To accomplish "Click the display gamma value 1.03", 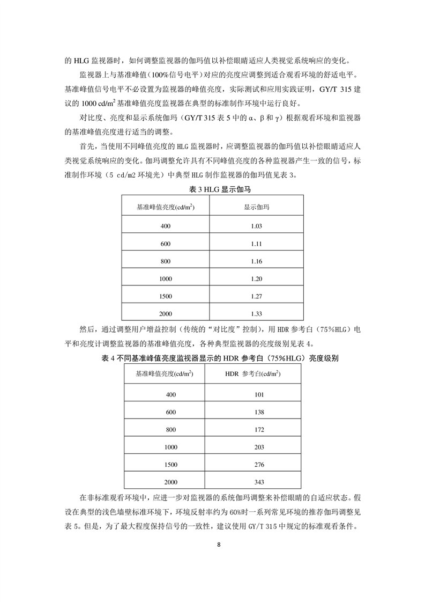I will coord(256,226).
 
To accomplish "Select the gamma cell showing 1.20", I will coord(256,279).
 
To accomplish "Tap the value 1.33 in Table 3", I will coord(256,314).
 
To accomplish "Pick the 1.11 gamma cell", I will coord(256,244).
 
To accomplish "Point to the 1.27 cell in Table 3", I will coord(256,297).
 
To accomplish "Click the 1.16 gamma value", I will coord(256,261).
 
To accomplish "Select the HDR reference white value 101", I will coord(259,394).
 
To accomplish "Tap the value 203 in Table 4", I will coord(259,447).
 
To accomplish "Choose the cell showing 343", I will coord(259,482).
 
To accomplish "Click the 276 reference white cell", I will coord(259,465).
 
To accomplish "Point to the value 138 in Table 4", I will coord(259,412).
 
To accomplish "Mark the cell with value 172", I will coord(259,430).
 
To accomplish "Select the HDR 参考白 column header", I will coord(259,374).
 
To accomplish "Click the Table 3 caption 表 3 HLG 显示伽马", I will coord(212,189).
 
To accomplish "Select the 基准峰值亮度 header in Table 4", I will coord(165,374).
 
